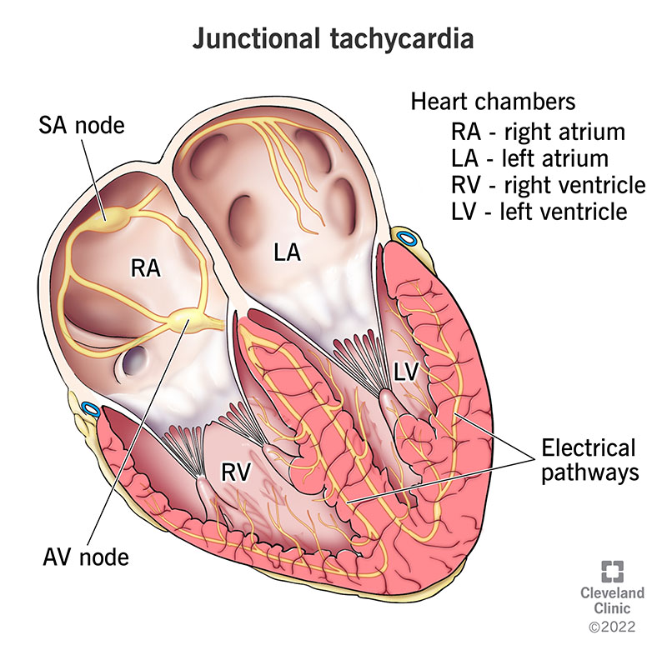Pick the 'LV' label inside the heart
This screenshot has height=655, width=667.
(405, 374)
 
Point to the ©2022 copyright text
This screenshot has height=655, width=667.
(613, 626)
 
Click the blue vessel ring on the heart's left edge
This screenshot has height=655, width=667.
(89, 410)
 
